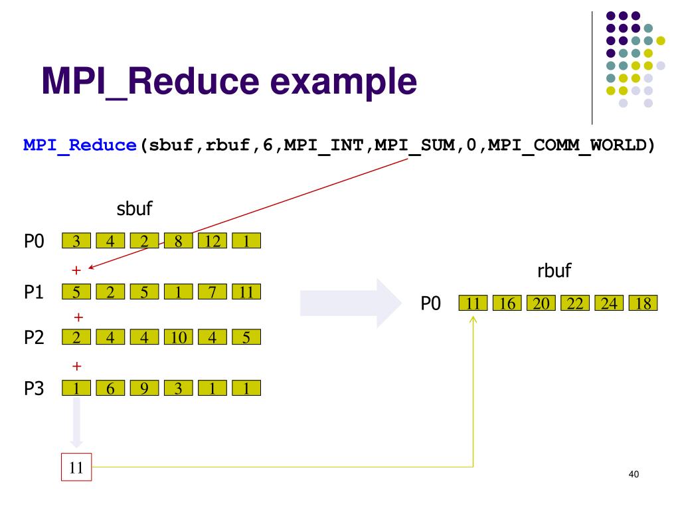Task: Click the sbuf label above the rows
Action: [x=135, y=210]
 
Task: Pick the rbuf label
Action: [x=554, y=271]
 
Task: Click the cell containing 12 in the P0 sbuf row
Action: [x=212, y=240]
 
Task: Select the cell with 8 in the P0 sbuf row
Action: [x=178, y=240]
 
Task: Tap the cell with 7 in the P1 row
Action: [x=212, y=292]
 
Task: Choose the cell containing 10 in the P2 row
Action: [x=178, y=337]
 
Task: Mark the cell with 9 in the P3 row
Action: [x=143, y=388]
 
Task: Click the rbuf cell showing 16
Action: [x=507, y=303]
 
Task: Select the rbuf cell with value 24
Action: [x=609, y=303]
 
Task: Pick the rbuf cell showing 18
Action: [x=643, y=303]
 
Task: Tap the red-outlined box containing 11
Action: [x=76, y=467]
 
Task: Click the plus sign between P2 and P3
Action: [x=77, y=365]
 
